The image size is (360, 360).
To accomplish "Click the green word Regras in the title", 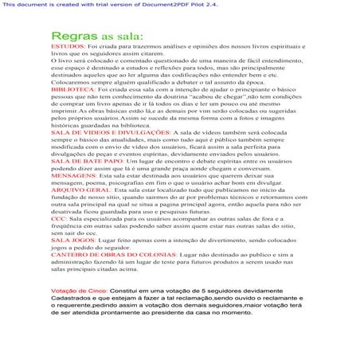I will (x=74, y=37).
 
